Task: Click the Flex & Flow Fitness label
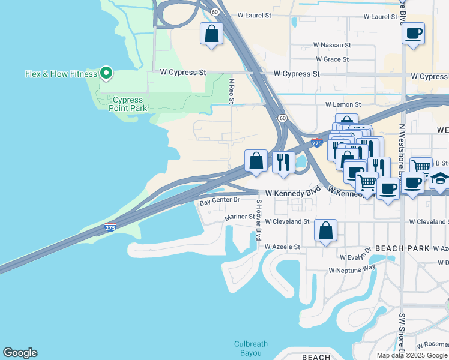(x=61, y=74)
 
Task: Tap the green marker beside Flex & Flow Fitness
(x=106, y=73)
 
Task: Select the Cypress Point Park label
(x=127, y=104)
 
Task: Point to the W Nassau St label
(x=332, y=45)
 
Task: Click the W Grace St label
(x=332, y=59)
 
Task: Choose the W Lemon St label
(x=343, y=104)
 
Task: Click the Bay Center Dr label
(x=220, y=200)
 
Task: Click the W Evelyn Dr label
(x=357, y=257)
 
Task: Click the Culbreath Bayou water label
(x=250, y=349)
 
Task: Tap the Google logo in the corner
(x=20, y=353)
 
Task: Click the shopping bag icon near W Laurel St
(x=212, y=34)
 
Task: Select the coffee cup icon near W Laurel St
(x=413, y=34)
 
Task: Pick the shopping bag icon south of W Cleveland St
(x=325, y=230)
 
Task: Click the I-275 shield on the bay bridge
(x=110, y=227)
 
